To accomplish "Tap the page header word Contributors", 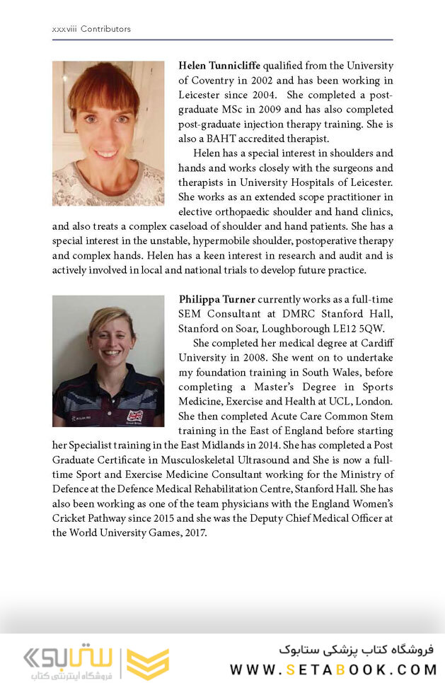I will coord(105,29).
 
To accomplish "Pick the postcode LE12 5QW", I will coord(366,328).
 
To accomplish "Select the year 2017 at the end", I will coord(192,532).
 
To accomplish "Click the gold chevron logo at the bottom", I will coord(147,663).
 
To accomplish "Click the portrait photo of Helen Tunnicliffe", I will coord(108,133).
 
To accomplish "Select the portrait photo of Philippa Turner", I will coord(108,361).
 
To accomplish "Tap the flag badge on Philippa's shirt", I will coord(134,416).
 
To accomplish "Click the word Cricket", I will coord(72,518).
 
